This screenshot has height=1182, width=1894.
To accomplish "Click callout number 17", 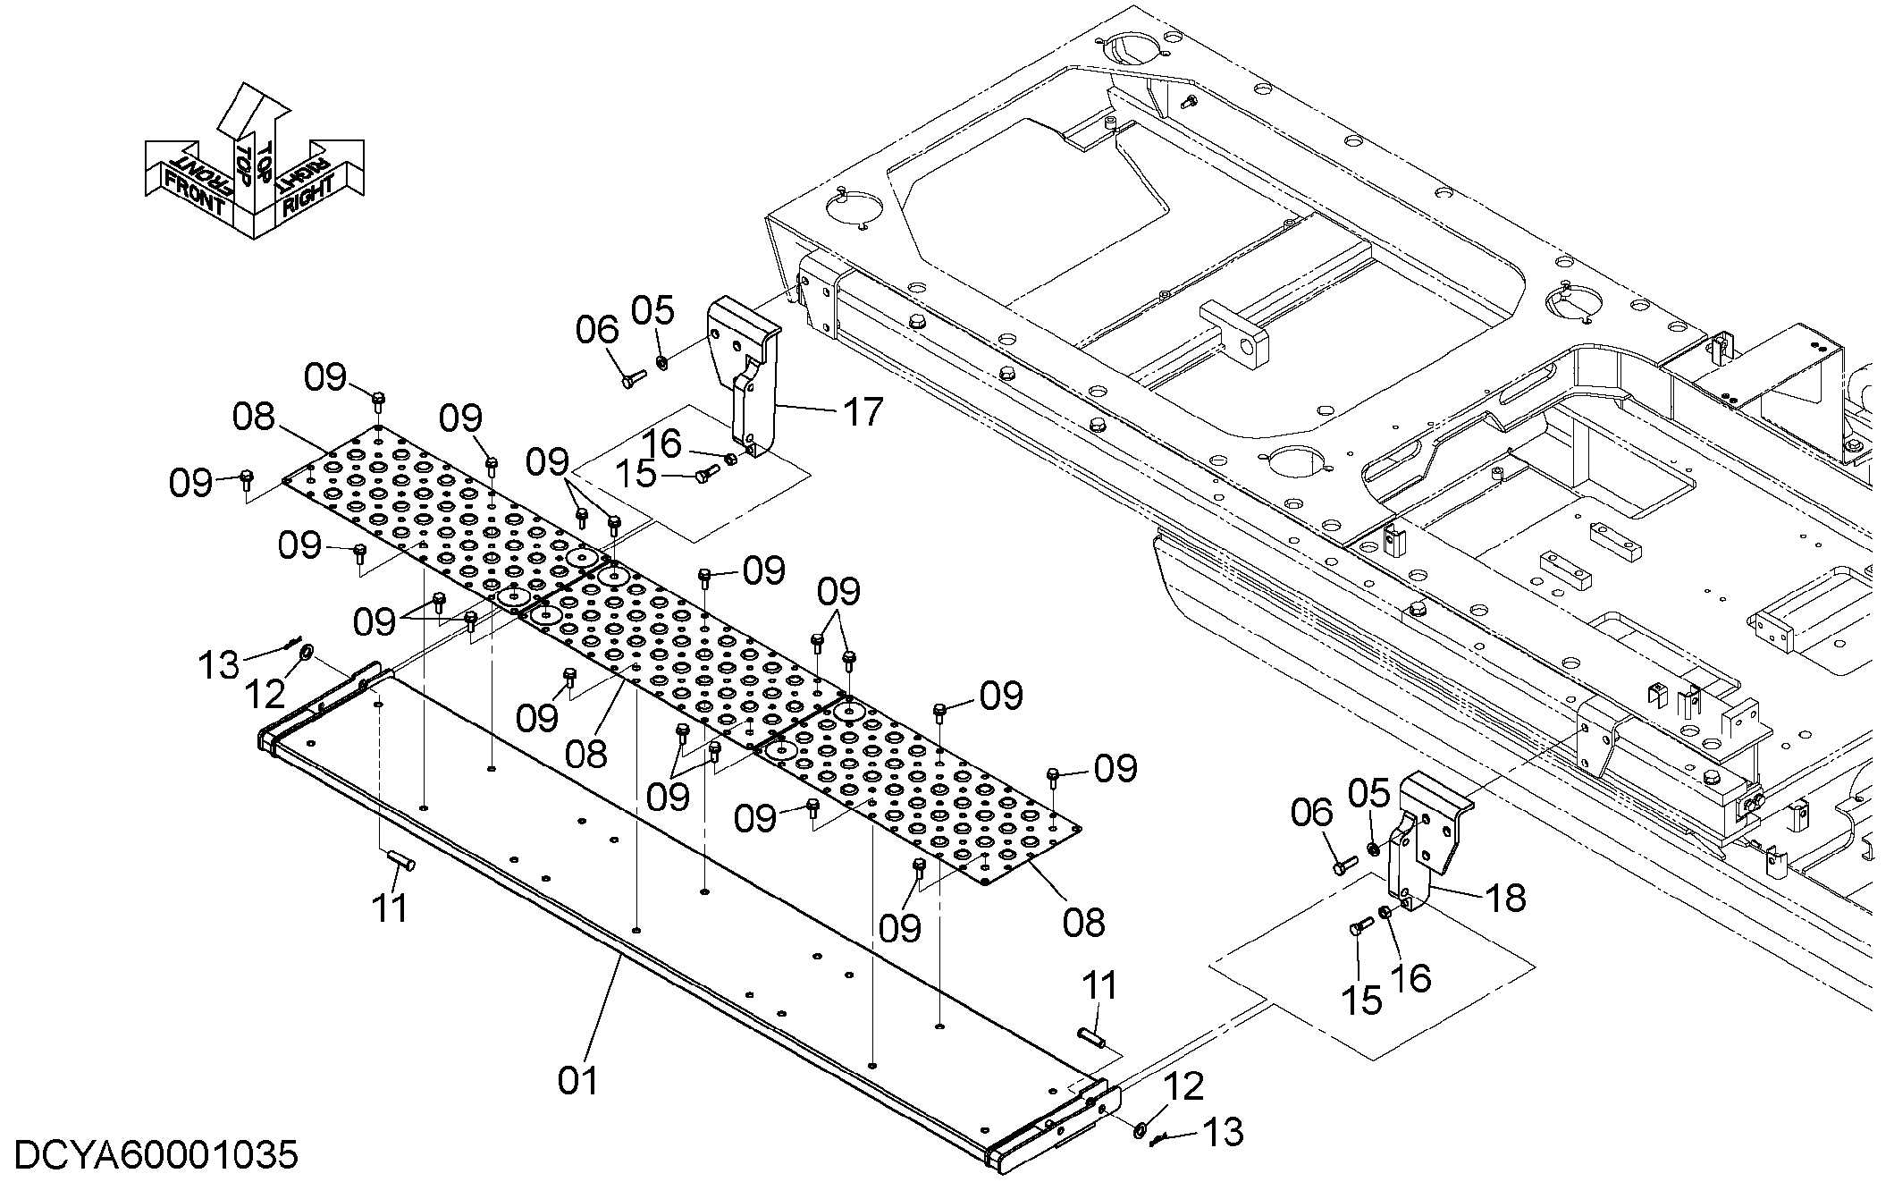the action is click(x=863, y=413).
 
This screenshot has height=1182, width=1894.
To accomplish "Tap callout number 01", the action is click(x=577, y=1080).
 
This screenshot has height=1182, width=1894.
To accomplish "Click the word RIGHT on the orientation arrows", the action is click(x=308, y=194).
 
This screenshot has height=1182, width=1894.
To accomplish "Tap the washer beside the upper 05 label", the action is click(x=662, y=362).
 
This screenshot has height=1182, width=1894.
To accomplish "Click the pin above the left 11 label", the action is click(x=400, y=860).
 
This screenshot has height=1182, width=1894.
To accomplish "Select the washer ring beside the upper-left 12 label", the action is click(x=307, y=650).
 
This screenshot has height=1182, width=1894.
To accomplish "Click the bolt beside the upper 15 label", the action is click(x=708, y=474).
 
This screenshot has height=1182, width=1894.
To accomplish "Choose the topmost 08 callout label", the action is click(x=253, y=417).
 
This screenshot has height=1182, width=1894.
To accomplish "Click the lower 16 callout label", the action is click(x=1413, y=977).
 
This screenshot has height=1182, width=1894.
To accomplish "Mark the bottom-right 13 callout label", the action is click(x=1223, y=1132).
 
